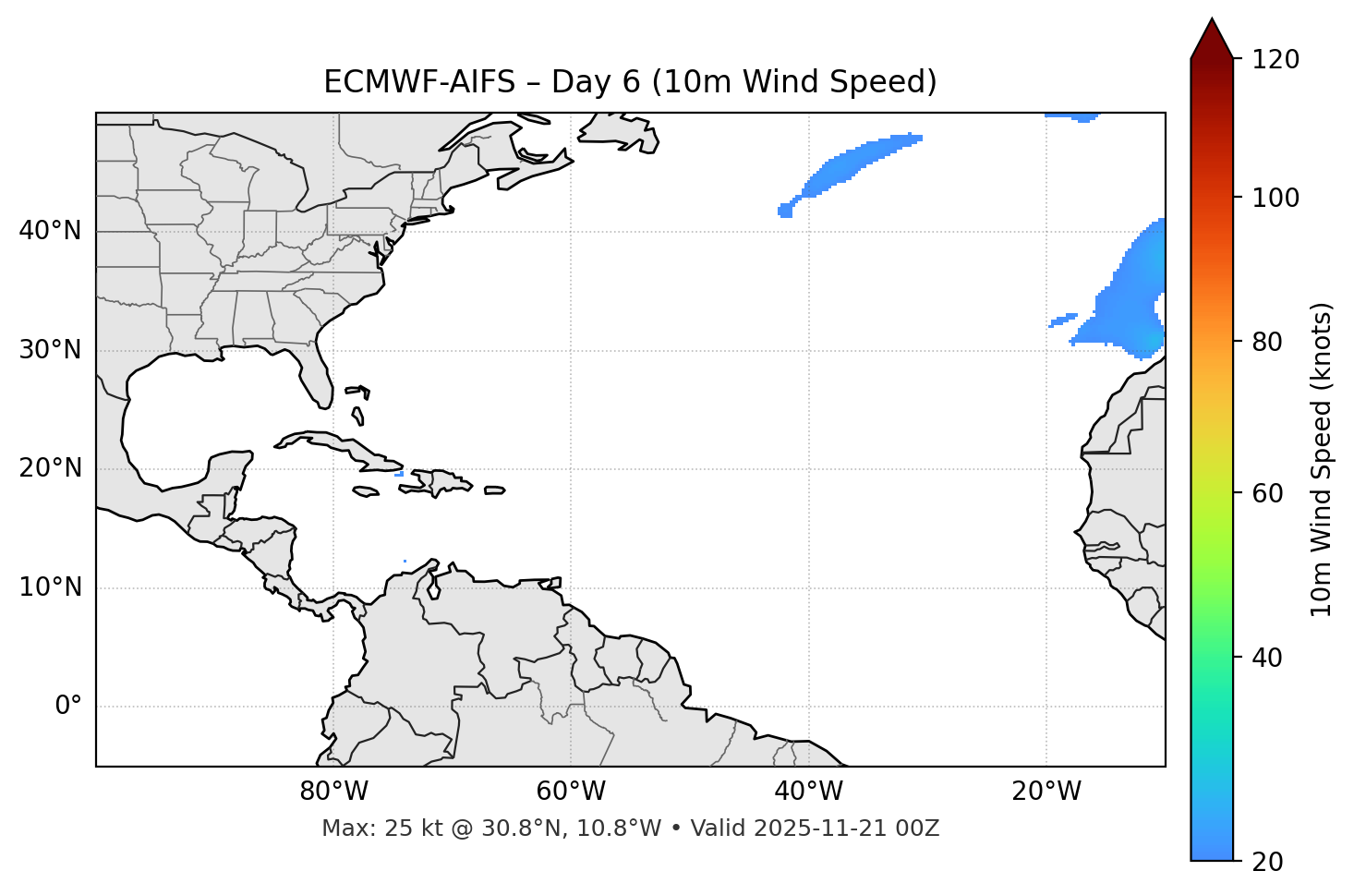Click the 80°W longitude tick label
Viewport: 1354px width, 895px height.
click(x=333, y=792)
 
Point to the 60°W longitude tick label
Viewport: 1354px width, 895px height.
click(x=570, y=792)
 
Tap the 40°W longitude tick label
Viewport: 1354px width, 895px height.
click(x=808, y=792)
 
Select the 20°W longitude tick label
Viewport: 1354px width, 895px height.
click(x=1046, y=792)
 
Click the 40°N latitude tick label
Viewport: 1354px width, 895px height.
click(x=50, y=231)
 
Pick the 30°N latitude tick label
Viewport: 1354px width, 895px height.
click(x=50, y=350)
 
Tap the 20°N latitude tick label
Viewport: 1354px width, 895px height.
click(x=50, y=468)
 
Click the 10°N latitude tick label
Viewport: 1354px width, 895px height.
click(x=50, y=587)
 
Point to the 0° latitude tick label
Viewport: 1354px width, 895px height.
click(x=68, y=707)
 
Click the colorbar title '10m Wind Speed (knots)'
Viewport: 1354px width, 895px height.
click(x=1322, y=460)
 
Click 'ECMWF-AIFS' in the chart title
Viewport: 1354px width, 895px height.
click(x=419, y=82)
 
